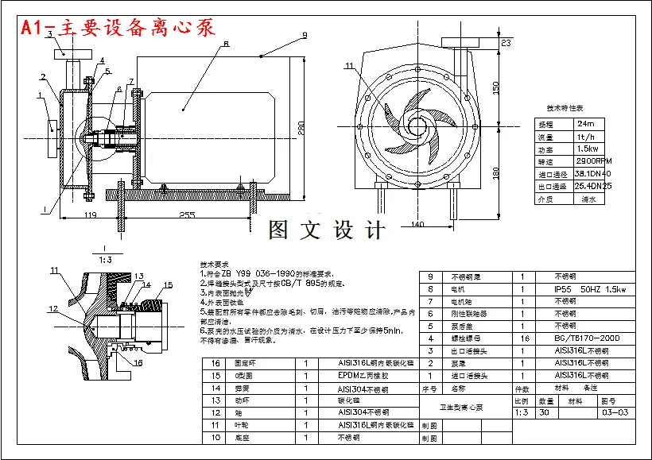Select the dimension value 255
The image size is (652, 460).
pyautogui.click(x=187, y=215)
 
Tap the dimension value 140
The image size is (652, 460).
pyautogui.click(x=418, y=225)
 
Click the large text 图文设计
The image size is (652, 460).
pyautogui.click(x=327, y=230)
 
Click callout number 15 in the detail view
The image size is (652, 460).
pyautogui.click(x=168, y=284)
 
